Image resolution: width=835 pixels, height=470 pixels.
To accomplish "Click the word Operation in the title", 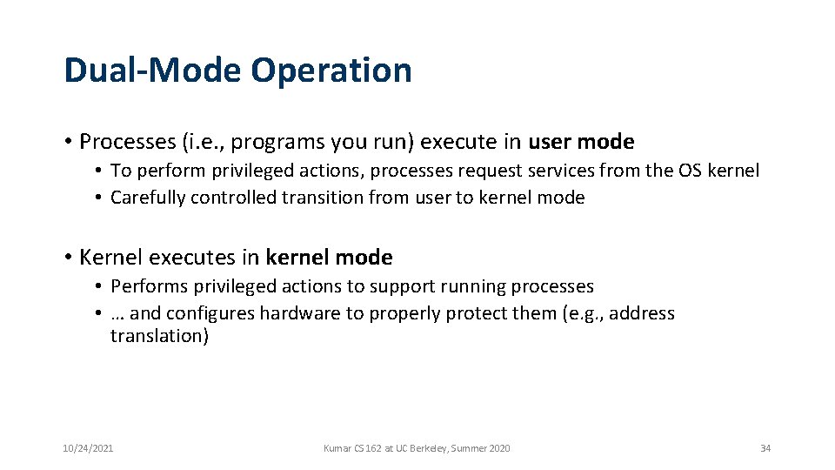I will [331, 70].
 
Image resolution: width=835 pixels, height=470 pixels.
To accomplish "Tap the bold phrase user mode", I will [581, 141].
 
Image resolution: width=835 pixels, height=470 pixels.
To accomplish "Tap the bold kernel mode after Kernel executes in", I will [329, 258].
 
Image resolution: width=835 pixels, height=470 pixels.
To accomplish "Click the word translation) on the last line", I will [159, 336].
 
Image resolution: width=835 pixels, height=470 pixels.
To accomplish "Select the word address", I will [642, 313].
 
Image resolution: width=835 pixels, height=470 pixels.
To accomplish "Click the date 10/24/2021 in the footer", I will [88, 448].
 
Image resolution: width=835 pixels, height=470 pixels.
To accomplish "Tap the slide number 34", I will [765, 448].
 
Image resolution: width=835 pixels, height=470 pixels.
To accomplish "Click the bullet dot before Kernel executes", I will [68, 258].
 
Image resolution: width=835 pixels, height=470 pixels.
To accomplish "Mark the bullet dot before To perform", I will [100, 171].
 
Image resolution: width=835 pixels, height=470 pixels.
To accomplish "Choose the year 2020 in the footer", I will [499, 448].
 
